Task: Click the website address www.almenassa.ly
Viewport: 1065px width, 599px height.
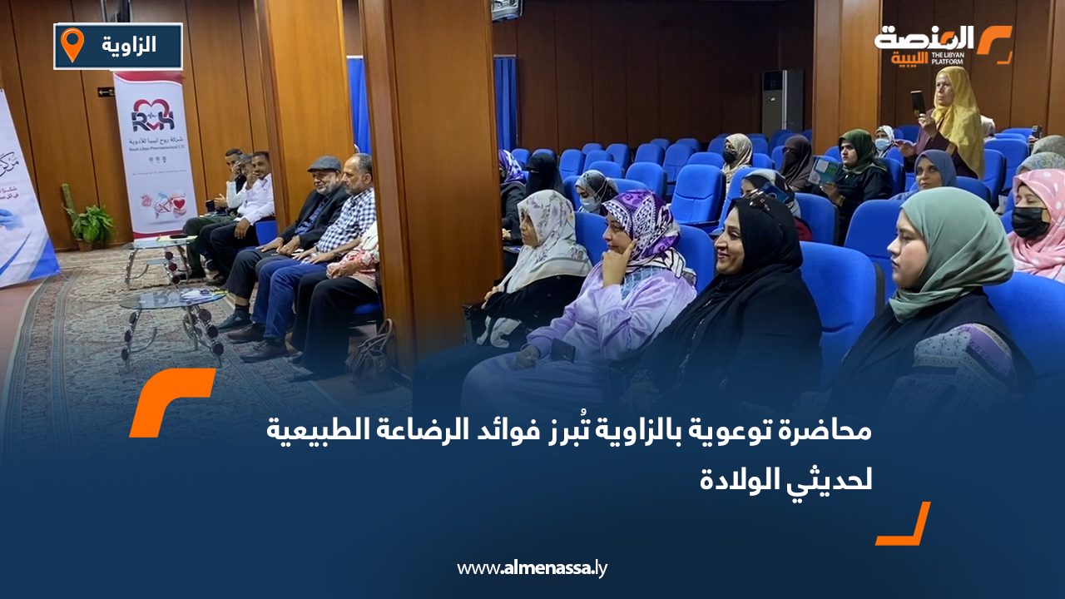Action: click(x=532, y=568)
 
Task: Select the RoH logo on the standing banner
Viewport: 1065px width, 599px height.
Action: click(x=153, y=114)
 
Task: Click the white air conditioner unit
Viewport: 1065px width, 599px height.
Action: click(x=782, y=101)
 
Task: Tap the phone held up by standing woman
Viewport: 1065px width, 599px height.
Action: click(x=918, y=102)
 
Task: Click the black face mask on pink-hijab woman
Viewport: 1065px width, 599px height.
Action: click(x=1030, y=222)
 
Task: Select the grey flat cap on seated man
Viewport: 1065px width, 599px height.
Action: click(x=324, y=164)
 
